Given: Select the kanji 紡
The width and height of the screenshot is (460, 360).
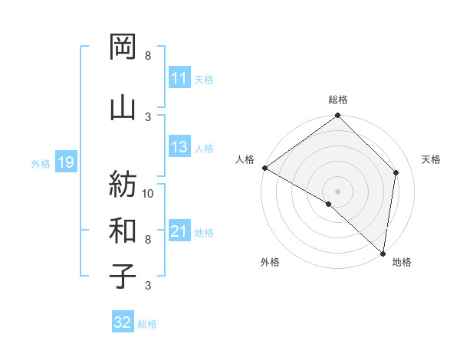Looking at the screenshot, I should tap(123, 184).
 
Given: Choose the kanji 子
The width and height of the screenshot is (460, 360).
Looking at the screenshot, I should tap(123, 276).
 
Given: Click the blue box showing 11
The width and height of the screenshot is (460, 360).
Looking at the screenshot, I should tap(179, 78).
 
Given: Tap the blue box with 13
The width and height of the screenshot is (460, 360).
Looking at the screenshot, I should tap(179, 148).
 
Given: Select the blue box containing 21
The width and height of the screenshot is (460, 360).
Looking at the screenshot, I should tap(179, 232).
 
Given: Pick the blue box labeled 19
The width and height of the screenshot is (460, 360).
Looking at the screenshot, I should tap(65, 162).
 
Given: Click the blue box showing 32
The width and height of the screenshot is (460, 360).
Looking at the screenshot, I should tap(123, 322).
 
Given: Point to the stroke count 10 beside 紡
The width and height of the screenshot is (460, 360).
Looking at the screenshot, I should tap(148, 193).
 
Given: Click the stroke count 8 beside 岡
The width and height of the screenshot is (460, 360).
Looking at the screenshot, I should tap(148, 56).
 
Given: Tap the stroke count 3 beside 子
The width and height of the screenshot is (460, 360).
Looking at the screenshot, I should tap(148, 286).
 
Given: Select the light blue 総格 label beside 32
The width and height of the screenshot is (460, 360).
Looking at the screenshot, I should tap(147, 324).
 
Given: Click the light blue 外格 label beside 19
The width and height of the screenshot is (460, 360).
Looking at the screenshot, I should tap(41, 163).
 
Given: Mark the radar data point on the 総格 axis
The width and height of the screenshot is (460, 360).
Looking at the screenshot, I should tap(337, 116).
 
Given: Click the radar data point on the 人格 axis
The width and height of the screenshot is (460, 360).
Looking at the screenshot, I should tap(264, 168).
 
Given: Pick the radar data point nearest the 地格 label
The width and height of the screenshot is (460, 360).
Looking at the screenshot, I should tap(383, 253).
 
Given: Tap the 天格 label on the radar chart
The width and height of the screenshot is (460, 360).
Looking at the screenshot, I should tap(431, 159).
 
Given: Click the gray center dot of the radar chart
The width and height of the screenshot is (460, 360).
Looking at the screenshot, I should tap(337, 191).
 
